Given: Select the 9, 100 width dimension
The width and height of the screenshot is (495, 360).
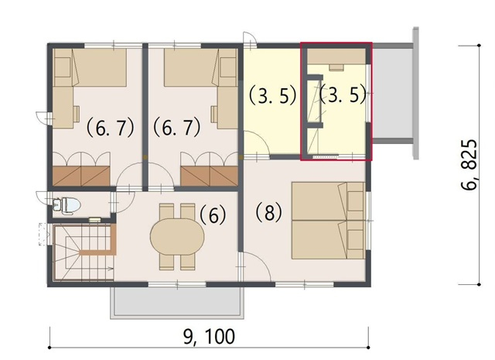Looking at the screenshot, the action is (209, 336).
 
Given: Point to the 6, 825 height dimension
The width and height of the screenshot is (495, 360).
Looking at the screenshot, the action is (469, 164).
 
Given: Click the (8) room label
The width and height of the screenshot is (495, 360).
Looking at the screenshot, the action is (268, 212).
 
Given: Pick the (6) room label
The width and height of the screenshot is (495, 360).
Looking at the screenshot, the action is (213, 215).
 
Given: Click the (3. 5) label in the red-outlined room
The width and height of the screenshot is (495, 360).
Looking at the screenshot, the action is (343, 94).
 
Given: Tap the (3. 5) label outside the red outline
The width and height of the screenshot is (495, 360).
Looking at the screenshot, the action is (273, 96).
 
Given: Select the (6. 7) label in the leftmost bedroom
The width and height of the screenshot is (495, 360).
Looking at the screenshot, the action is (111, 128).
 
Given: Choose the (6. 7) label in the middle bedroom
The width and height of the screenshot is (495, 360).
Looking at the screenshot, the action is (177, 128).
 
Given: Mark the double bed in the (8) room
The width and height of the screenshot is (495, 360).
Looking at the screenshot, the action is (328, 221).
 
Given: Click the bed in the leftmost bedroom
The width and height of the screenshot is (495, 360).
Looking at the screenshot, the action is (90, 67).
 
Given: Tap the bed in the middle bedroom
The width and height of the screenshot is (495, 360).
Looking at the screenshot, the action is (201, 67).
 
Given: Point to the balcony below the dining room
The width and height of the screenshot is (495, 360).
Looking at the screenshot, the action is (177, 302).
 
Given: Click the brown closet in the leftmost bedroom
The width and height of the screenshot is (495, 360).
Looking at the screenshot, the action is (81, 176).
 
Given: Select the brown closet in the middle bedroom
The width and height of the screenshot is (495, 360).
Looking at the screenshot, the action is (209, 176).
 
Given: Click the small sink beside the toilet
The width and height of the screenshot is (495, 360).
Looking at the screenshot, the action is (56, 204).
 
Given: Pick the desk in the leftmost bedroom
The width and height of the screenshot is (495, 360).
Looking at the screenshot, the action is (63, 108).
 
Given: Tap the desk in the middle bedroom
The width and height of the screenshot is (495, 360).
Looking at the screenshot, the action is (227, 108).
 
